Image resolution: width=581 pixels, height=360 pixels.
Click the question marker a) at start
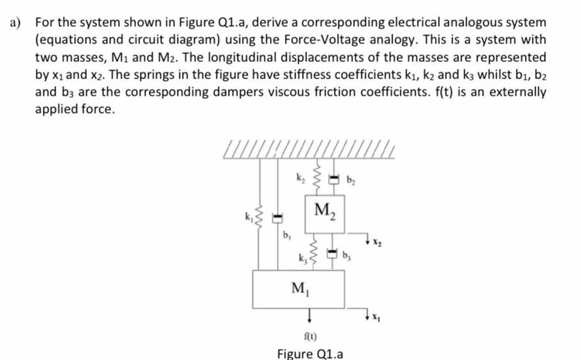15,22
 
